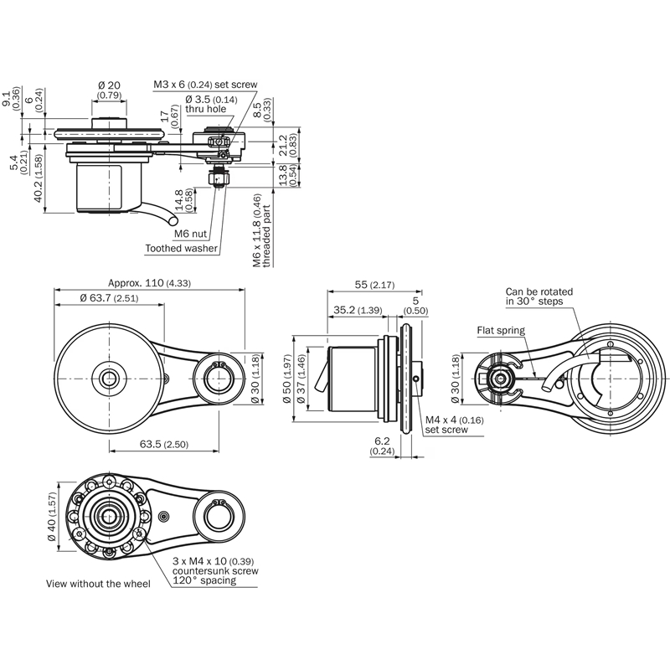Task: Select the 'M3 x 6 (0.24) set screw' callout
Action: (204, 85)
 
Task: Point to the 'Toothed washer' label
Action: (181, 248)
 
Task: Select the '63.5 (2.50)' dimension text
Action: (164, 443)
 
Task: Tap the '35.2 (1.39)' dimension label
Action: (358, 310)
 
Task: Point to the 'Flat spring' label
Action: (501, 330)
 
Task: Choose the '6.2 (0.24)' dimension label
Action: (381, 446)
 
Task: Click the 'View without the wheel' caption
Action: (98, 583)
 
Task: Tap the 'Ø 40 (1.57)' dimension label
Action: (52, 518)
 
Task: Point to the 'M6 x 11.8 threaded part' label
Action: (262, 232)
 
